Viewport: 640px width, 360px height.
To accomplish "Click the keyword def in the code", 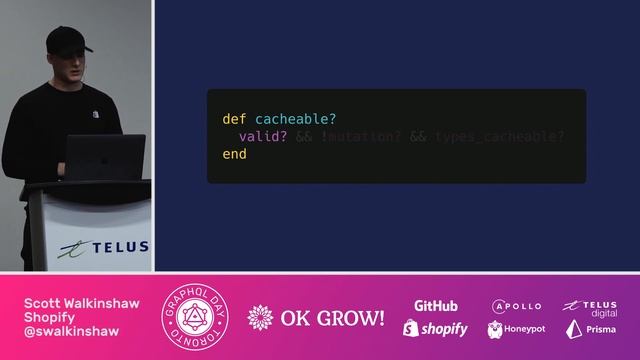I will (x=234, y=119).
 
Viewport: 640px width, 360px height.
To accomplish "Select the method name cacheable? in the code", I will (x=296, y=119).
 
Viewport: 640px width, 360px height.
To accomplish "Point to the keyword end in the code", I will (x=234, y=155).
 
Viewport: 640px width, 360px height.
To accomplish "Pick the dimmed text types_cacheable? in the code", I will (x=500, y=137).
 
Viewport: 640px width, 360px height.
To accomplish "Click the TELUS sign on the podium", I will (x=105, y=247).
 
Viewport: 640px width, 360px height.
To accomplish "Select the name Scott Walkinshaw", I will (x=82, y=303).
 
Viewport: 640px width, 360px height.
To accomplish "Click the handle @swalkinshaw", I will (x=73, y=331).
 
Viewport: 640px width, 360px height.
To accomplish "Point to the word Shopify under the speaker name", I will (x=50, y=317).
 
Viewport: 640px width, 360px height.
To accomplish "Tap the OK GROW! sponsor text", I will (x=318, y=318).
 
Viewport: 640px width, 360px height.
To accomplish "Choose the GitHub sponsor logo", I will (x=436, y=305).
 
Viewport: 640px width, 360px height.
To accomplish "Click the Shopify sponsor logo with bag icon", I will (x=436, y=328).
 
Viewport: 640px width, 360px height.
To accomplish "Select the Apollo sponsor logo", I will (x=516, y=305).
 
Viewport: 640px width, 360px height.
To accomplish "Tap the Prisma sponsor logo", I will (x=590, y=329).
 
